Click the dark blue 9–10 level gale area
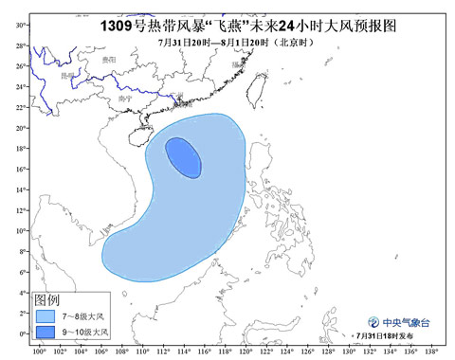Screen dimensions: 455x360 pos(183,157)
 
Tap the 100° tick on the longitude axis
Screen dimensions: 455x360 pos(38,352)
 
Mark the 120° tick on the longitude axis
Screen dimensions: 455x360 pos(246,352)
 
